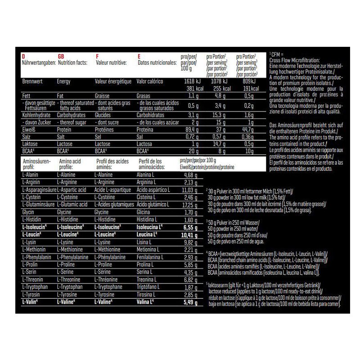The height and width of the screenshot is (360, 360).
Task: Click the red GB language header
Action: click(x=61, y=56)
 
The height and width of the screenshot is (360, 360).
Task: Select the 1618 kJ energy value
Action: click(x=189, y=81)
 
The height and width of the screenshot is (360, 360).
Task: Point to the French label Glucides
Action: click(x=104, y=115)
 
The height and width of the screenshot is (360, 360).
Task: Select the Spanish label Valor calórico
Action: click(x=152, y=82)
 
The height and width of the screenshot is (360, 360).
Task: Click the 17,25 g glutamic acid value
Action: click(x=190, y=204)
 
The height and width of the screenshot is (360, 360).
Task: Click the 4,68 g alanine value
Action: click(x=191, y=175)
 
